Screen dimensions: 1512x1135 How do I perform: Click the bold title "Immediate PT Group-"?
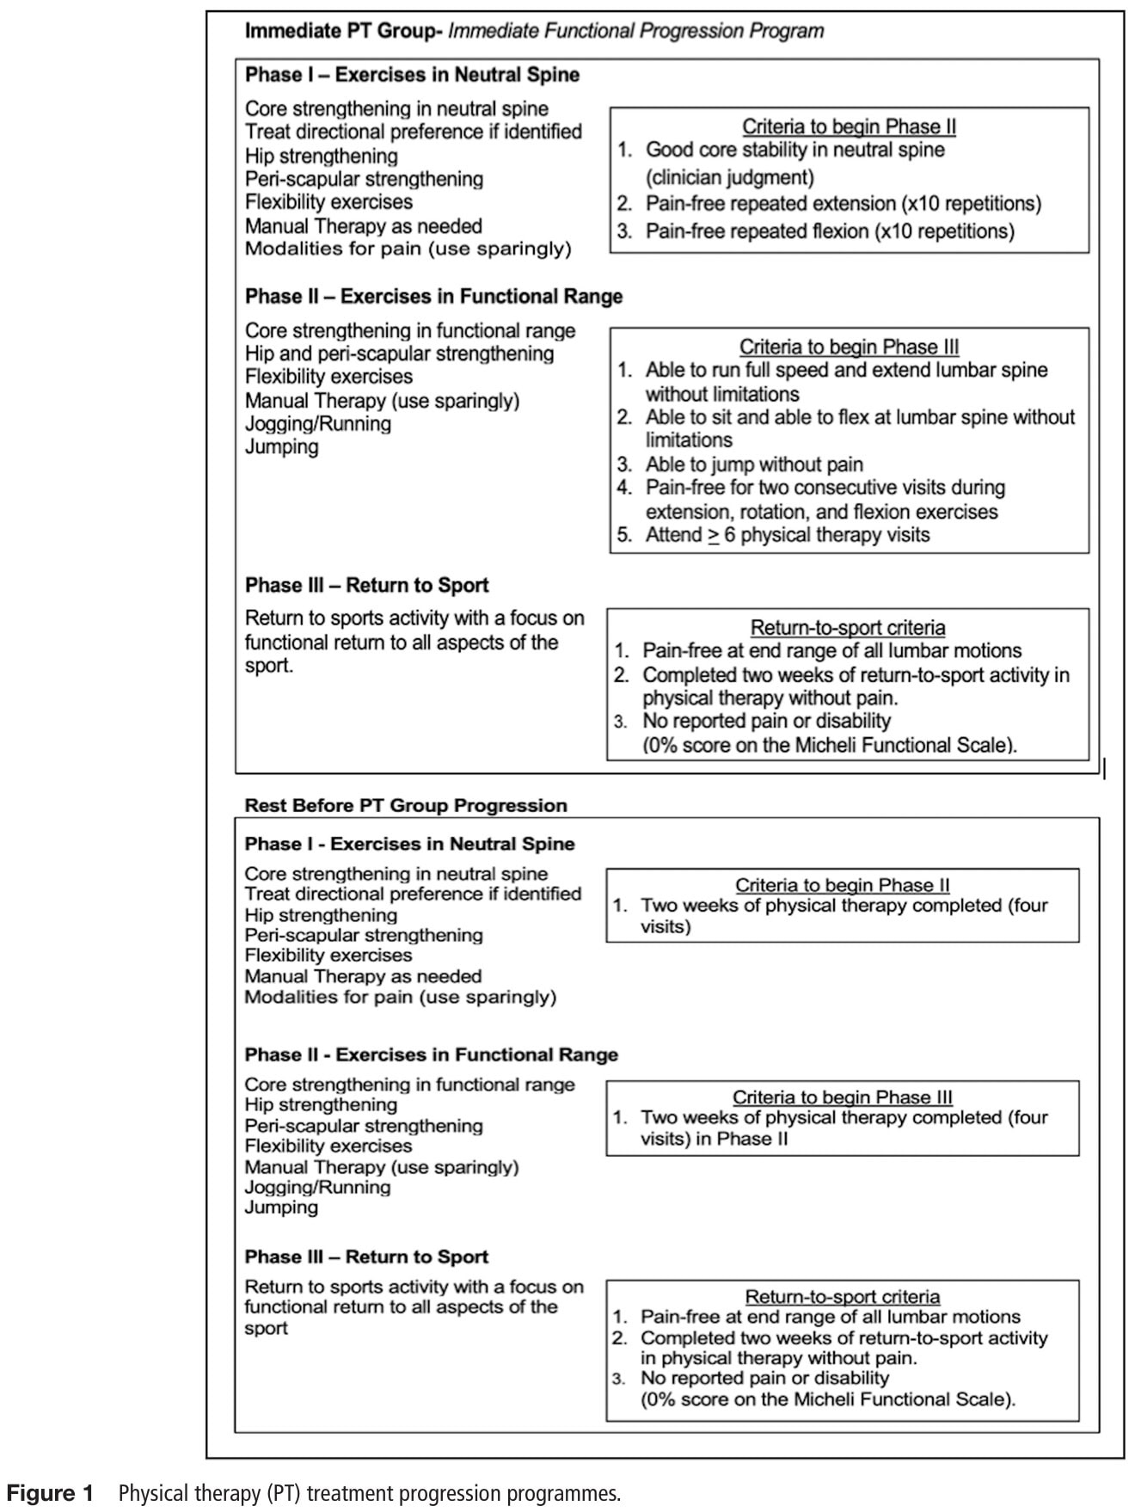pos(343,32)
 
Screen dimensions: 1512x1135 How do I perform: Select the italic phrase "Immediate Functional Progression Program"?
pos(635,32)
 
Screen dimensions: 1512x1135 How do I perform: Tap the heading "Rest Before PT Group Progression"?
pos(406,806)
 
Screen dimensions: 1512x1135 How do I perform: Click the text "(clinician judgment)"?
pos(729,177)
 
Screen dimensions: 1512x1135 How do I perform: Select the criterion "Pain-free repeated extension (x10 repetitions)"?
pos(843,204)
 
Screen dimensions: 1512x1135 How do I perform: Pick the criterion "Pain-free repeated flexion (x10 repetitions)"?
pos(830,231)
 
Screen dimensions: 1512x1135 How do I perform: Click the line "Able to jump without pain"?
pos(754,464)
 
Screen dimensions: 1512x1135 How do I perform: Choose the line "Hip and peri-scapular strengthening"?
pos(399,353)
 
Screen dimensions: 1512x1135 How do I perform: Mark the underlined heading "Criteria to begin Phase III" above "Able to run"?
pos(849,347)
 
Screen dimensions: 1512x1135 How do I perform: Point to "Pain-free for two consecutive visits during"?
pos(825,488)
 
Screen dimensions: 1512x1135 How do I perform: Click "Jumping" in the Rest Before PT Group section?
pos(281,1208)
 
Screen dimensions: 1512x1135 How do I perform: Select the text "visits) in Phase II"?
pos(714,1139)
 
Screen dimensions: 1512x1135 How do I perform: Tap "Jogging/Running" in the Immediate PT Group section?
pos(317,424)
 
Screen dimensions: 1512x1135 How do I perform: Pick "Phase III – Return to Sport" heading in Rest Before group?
pos(366,1257)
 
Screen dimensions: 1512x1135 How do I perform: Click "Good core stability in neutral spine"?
pos(794,150)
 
